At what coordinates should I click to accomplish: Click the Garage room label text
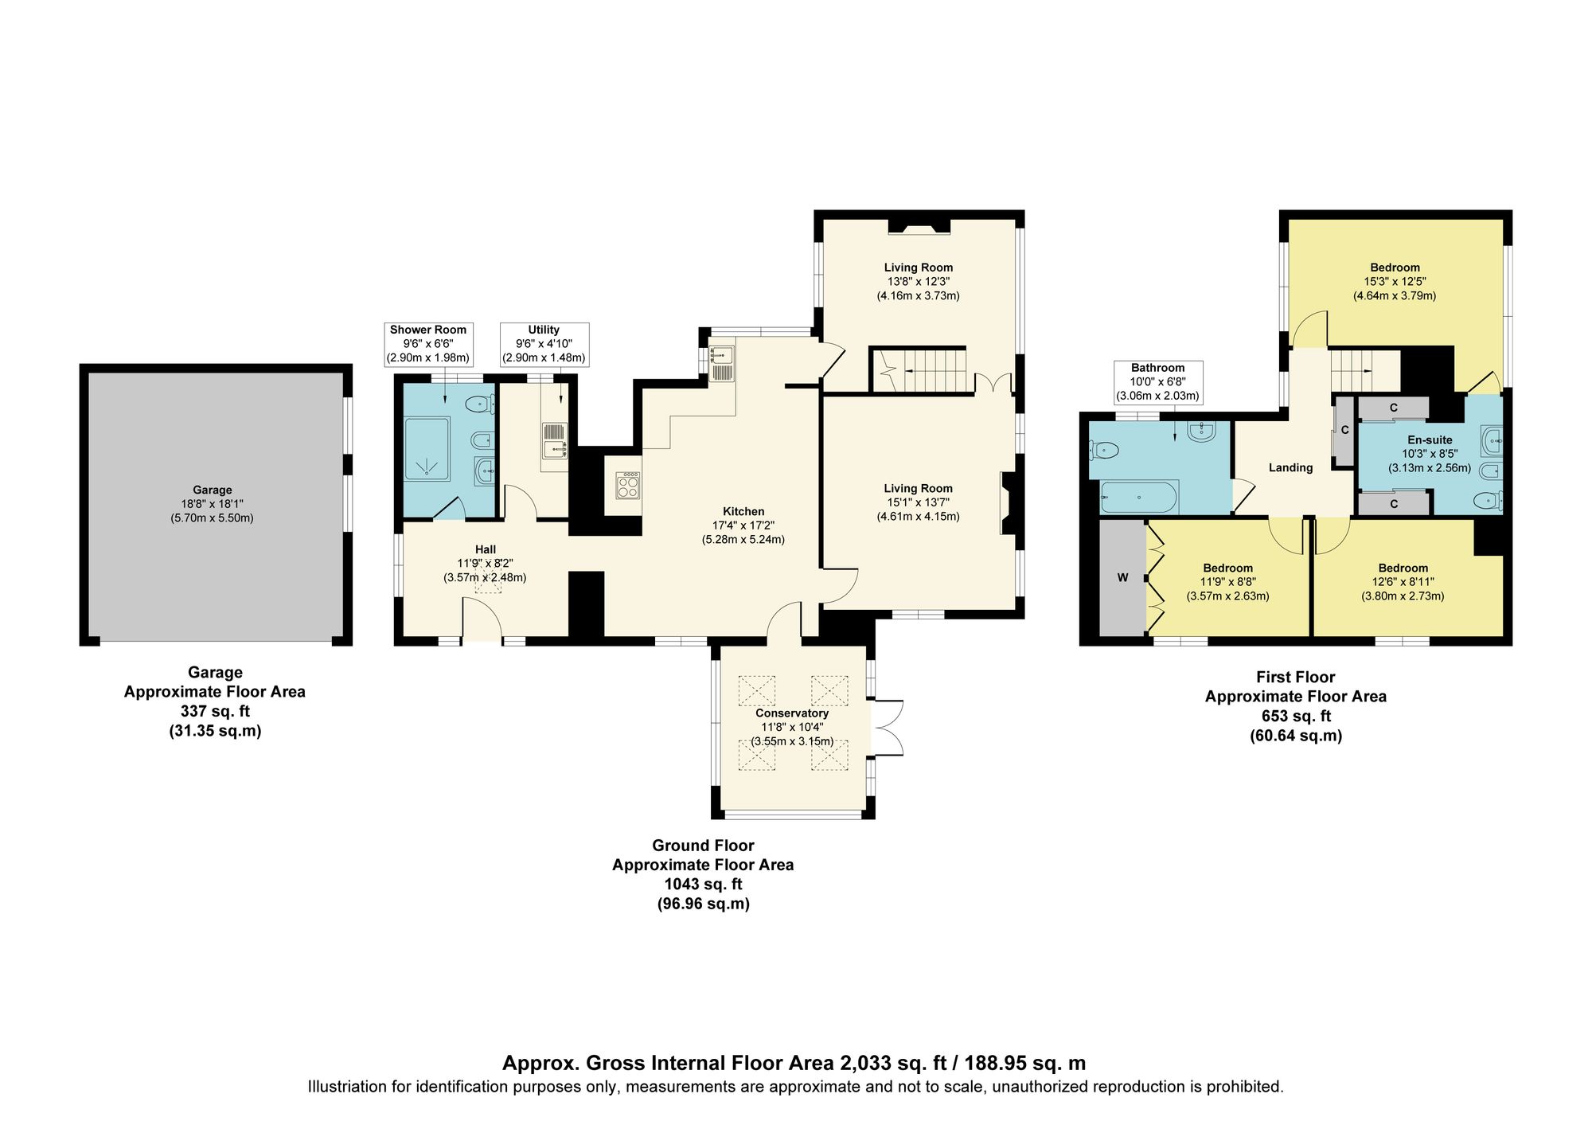pos(212,490)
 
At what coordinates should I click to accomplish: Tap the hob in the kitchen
pos(628,485)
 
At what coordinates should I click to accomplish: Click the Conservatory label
pos(791,713)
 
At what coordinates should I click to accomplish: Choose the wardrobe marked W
pos(1122,578)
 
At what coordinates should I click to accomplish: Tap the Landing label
pos(1290,468)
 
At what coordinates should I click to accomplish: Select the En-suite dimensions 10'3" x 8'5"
pos(1430,454)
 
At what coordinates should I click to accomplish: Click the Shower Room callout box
pos(428,344)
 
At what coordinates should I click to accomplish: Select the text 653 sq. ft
pos(1296,716)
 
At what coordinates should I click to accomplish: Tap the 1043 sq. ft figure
pos(703,884)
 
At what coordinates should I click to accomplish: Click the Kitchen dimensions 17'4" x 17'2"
pos(743,525)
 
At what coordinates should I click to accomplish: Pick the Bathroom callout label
pos(1157,368)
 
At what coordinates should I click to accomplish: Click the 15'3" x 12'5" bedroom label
pos(1395,282)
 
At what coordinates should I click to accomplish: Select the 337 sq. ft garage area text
pos(215,711)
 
